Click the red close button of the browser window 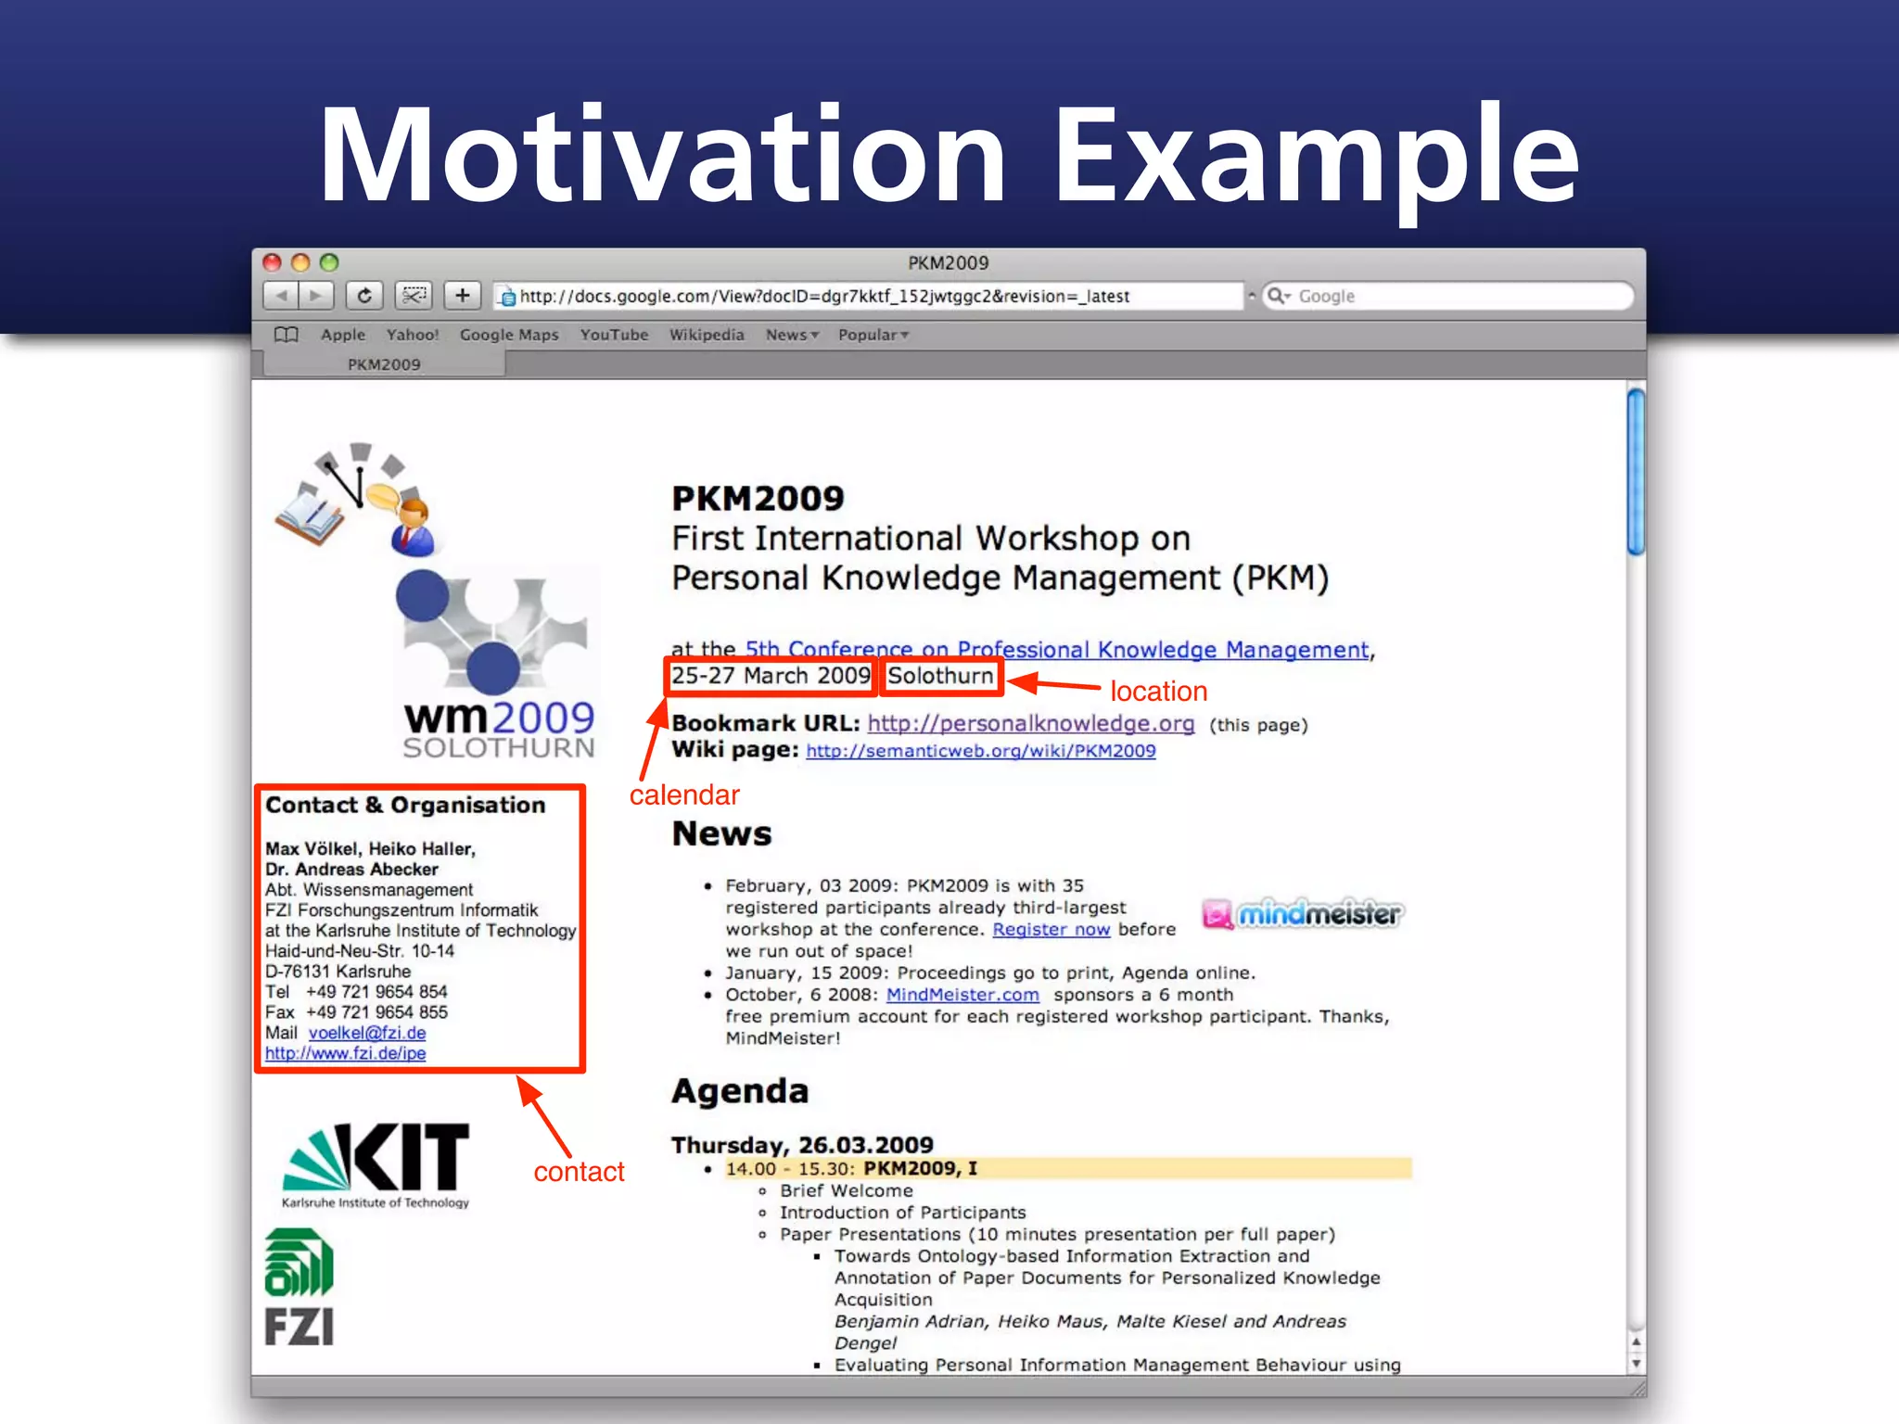point(272,262)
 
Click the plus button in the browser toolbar point(462,296)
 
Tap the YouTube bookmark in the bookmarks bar point(614,335)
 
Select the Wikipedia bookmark point(707,335)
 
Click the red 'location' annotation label point(1158,692)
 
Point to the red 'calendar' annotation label point(684,795)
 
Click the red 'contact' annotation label point(579,1172)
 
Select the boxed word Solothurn point(940,676)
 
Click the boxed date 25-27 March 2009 point(771,676)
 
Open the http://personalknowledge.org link point(1030,723)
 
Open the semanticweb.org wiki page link point(980,751)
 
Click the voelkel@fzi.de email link point(367,1033)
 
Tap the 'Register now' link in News point(1051,929)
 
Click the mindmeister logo point(1303,914)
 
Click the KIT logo point(376,1164)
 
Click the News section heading point(721,833)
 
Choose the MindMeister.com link point(962,995)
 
